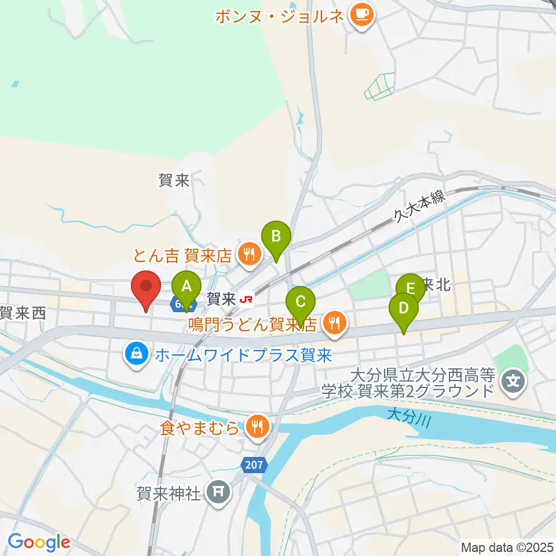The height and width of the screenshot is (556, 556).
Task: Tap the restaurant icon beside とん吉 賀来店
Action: click(x=249, y=254)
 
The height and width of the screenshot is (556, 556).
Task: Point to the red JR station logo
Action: click(x=246, y=299)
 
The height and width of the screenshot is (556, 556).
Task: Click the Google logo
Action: click(x=39, y=542)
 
